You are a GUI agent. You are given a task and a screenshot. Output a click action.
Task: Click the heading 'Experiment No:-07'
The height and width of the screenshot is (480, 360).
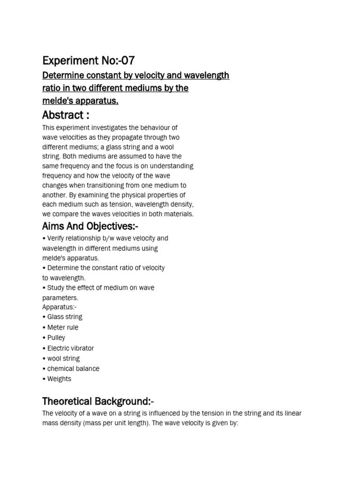click(x=89, y=60)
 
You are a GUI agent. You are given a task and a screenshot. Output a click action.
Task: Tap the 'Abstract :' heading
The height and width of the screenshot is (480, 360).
click(x=66, y=115)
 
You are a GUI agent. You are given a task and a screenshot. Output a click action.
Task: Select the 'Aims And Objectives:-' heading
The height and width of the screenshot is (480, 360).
click(x=90, y=226)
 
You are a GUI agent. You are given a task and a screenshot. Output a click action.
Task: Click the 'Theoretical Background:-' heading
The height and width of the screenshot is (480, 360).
click(x=98, y=401)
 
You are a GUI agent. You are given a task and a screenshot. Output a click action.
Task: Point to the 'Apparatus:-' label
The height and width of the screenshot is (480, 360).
click(x=60, y=307)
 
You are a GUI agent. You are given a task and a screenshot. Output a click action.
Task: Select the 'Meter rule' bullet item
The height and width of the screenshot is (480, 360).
click(x=63, y=328)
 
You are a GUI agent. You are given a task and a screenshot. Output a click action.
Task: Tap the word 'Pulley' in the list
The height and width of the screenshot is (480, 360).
click(x=56, y=338)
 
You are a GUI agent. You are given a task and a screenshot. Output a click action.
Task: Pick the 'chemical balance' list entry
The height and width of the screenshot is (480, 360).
click(x=73, y=369)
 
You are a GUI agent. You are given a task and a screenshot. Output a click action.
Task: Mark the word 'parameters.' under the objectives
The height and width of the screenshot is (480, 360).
click(x=60, y=298)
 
